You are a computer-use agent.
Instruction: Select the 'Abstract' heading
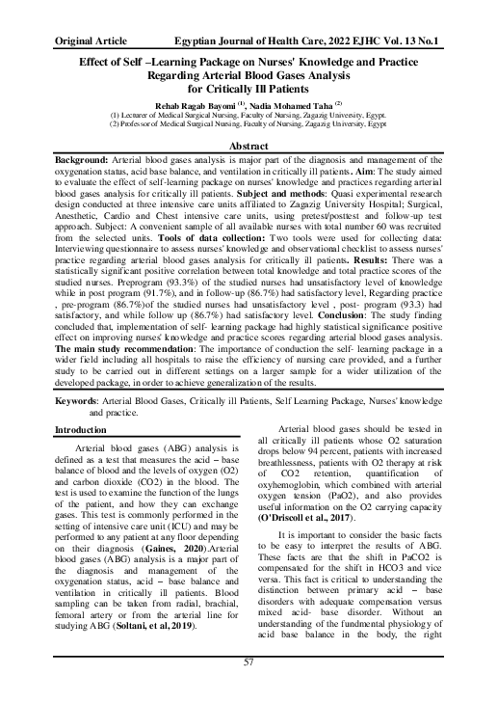248,145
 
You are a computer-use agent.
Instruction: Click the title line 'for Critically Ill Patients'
248,87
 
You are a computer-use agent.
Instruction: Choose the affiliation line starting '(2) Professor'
248,124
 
